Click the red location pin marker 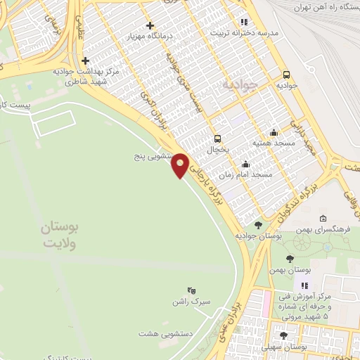pyautogui.click(x=181, y=165)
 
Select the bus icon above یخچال pyautogui.click(x=218, y=138)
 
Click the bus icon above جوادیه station pyautogui.click(x=287, y=75)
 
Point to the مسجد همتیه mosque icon pyautogui.click(x=274, y=131)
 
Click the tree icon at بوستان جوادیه pyautogui.click(x=259, y=225)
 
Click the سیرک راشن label pyautogui.click(x=189, y=302)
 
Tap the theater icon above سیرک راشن pyautogui.click(x=190, y=290)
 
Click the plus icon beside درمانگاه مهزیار pyautogui.click(x=150, y=25)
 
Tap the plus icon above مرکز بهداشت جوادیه pyautogui.click(x=85, y=60)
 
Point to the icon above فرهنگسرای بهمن pyautogui.click(x=322, y=218)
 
